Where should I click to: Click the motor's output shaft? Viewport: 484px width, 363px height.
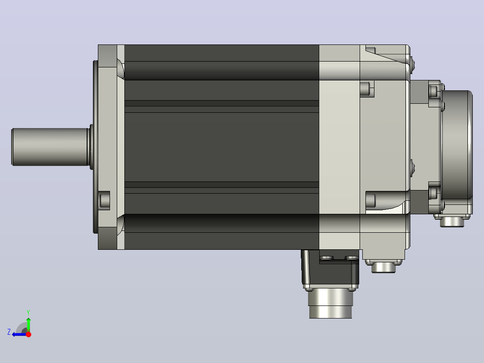50,147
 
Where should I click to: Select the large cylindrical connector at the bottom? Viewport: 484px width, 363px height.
330,304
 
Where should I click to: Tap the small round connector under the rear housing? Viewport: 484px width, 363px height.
383,267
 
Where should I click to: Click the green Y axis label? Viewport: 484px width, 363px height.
28,312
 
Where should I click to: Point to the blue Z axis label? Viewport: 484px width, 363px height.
9,332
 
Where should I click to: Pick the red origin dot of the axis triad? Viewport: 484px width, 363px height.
28,334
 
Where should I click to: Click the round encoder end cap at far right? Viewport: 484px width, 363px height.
457,145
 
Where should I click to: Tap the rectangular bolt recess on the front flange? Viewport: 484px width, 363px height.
104,200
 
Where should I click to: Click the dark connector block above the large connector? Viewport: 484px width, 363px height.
330,269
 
